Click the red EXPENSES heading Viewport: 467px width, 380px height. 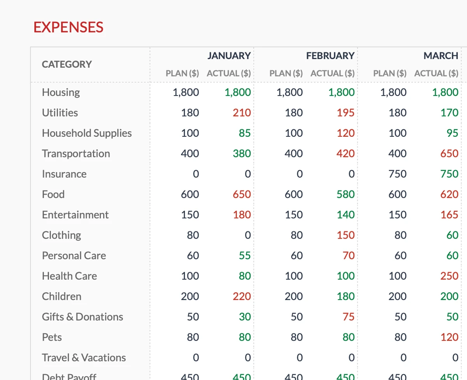click(x=68, y=27)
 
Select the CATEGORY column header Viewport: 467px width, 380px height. click(x=67, y=64)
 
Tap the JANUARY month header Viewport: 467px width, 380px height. click(x=229, y=56)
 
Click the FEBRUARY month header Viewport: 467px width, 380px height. click(x=330, y=56)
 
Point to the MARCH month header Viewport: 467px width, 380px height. click(x=441, y=56)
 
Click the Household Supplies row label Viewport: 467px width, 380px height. click(x=87, y=133)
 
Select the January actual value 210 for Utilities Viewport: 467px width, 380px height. click(x=242, y=113)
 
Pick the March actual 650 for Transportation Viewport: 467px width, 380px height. click(x=449, y=153)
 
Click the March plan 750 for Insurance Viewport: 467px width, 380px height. click(x=397, y=174)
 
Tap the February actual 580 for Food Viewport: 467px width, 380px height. click(x=346, y=194)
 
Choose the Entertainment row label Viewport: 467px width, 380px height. click(x=75, y=214)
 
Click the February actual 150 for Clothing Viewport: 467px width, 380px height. click(x=346, y=235)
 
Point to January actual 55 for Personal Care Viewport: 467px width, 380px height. click(x=245, y=255)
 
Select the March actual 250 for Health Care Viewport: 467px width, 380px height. click(x=449, y=276)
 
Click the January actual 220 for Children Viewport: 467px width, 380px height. click(x=242, y=296)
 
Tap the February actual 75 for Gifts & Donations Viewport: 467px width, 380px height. click(x=348, y=317)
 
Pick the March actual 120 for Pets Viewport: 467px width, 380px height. click(x=449, y=337)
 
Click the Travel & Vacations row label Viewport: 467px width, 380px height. click(x=84, y=357)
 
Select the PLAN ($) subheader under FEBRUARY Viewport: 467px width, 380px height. click(x=286, y=73)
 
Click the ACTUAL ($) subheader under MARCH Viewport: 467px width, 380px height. click(x=436, y=73)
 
